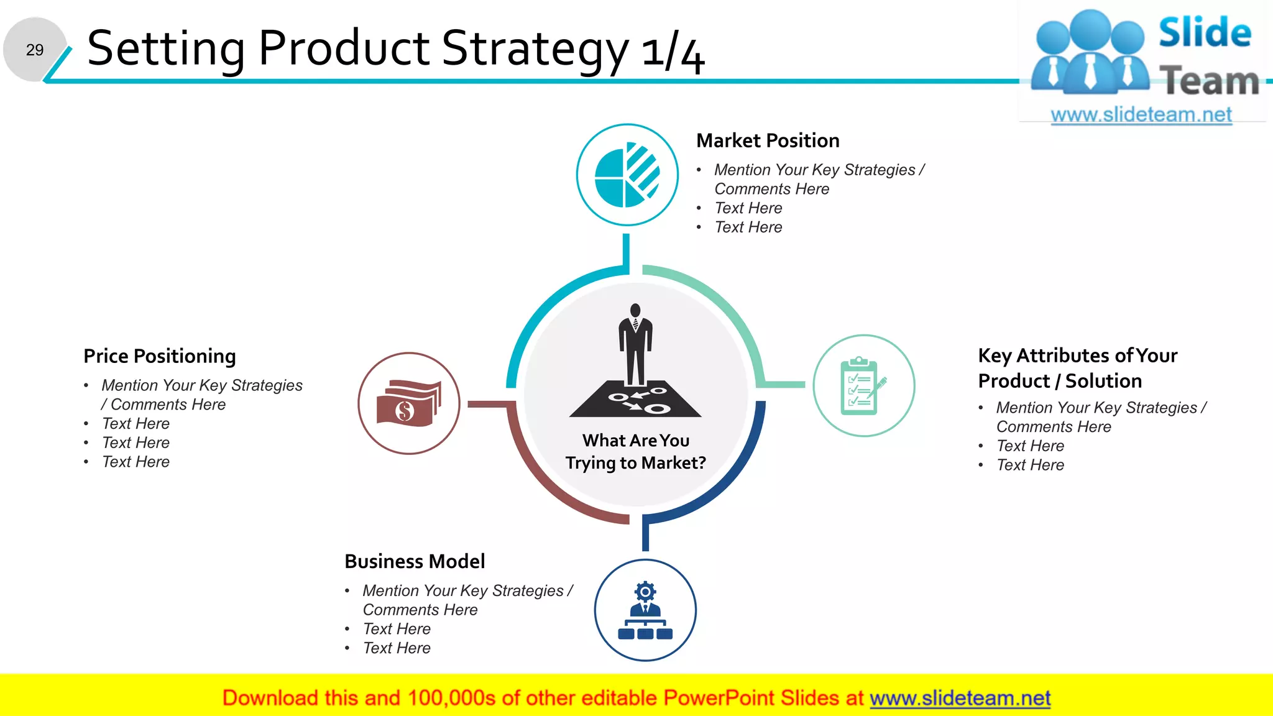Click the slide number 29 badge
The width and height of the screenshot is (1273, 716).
(35, 50)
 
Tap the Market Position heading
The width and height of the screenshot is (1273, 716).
(768, 141)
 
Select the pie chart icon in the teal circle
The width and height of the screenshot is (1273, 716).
(627, 175)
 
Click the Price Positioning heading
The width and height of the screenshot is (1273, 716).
(160, 356)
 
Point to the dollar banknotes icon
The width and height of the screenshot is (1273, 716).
(408, 403)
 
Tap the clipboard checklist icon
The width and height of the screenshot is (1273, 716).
(863, 385)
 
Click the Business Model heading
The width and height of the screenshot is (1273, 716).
(415, 561)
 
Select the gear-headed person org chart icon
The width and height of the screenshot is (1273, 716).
(645, 610)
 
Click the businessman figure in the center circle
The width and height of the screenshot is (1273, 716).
(635, 345)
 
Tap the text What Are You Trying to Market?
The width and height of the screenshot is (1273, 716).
(636, 452)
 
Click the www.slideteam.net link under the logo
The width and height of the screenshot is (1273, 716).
(1141, 115)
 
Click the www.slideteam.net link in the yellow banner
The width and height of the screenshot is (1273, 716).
(960, 698)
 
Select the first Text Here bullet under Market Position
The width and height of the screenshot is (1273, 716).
(748, 208)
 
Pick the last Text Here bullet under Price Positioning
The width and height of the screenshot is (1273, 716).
(136, 462)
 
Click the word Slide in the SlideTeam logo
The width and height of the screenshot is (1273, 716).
(1205, 32)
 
